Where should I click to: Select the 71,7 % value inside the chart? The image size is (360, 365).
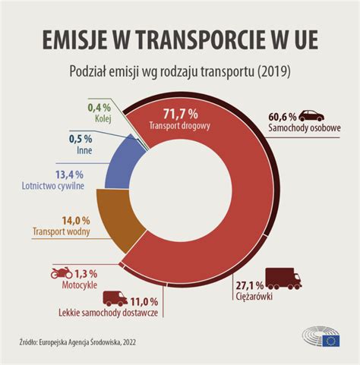pos(180,115)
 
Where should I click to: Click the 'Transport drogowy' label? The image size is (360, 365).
pos(180,127)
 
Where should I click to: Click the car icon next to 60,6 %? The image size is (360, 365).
pos(311,117)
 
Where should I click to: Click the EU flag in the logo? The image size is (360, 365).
pos(331,341)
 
